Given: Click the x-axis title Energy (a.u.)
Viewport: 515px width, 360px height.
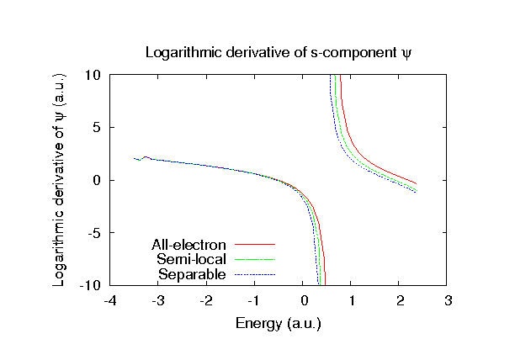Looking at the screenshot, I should (x=280, y=323).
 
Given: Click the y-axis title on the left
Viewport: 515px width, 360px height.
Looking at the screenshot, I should (x=59, y=180).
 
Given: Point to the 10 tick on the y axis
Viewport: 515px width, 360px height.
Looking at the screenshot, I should (x=94, y=75).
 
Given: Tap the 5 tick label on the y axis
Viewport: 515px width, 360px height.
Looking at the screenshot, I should (x=98, y=128).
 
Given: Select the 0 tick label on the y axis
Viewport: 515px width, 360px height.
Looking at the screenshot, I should (x=98, y=180).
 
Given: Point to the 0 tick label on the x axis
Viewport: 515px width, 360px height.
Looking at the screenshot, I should (x=304, y=301).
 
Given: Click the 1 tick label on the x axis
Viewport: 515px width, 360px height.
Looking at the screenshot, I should (x=352, y=301).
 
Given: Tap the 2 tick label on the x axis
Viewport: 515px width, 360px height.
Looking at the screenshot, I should (x=401, y=301).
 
